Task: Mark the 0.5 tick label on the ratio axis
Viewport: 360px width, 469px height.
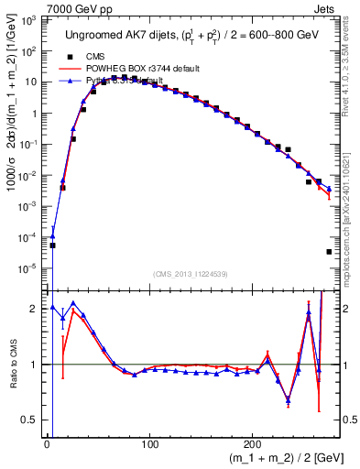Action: (31, 420)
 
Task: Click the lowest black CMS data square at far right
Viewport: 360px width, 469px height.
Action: (329, 252)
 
